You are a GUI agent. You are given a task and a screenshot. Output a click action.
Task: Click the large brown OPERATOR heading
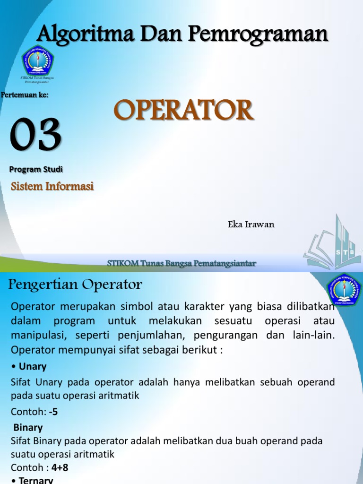(x=184, y=111)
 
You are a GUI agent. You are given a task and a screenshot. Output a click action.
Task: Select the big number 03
(x=36, y=136)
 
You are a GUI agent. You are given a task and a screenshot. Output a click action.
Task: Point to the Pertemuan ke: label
(x=25, y=95)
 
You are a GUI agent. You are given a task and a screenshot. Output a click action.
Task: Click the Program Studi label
(x=36, y=169)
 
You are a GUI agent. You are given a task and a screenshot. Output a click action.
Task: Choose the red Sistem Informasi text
(x=52, y=187)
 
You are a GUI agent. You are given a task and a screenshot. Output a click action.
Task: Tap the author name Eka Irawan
(x=251, y=225)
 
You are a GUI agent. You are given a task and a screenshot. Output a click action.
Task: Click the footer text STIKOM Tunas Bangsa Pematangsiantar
(x=182, y=263)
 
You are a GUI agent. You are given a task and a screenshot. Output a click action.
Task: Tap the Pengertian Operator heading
(x=75, y=285)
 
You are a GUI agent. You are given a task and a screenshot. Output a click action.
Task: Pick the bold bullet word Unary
(x=31, y=366)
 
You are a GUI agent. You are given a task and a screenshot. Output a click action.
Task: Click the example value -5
(x=53, y=412)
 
